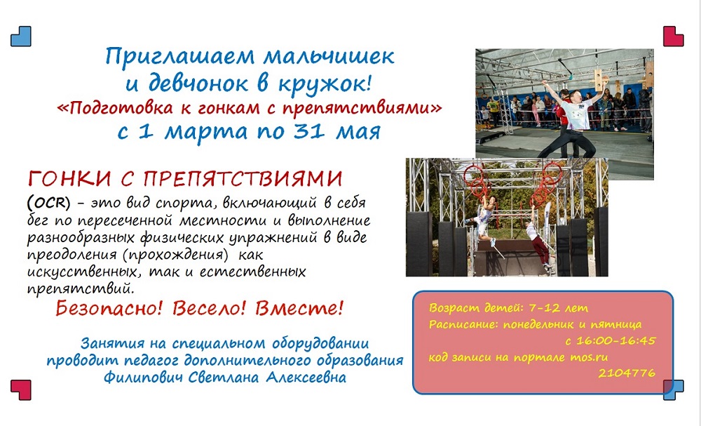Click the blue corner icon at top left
click(21, 36)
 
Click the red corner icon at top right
click(673, 36)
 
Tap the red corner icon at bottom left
click(21, 390)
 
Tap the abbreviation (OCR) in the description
click(49, 203)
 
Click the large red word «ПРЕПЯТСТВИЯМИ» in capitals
click(243, 179)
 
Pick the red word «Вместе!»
click(299, 308)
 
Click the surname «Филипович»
click(144, 378)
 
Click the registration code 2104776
click(627, 373)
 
